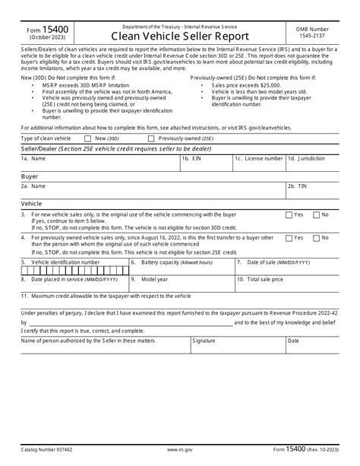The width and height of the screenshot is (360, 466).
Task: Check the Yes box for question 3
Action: click(289, 215)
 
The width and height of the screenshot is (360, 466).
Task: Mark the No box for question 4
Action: click(317, 238)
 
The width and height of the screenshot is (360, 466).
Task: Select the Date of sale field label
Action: click(269, 262)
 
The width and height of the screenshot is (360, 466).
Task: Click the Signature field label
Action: click(204, 341)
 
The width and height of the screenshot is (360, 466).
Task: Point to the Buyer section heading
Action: click(30, 175)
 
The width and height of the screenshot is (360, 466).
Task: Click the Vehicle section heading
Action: click(31, 204)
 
